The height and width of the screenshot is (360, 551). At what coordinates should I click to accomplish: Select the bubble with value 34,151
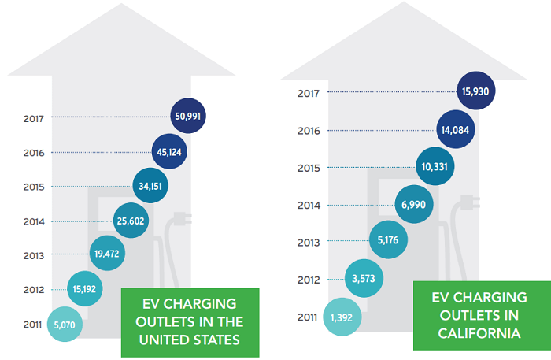pos(153,187)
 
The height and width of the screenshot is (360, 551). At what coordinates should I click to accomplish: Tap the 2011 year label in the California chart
pos(309,317)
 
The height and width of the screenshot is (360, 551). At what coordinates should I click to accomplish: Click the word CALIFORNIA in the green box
pos(479,333)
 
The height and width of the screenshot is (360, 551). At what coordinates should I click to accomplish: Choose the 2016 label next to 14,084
pos(309,131)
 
